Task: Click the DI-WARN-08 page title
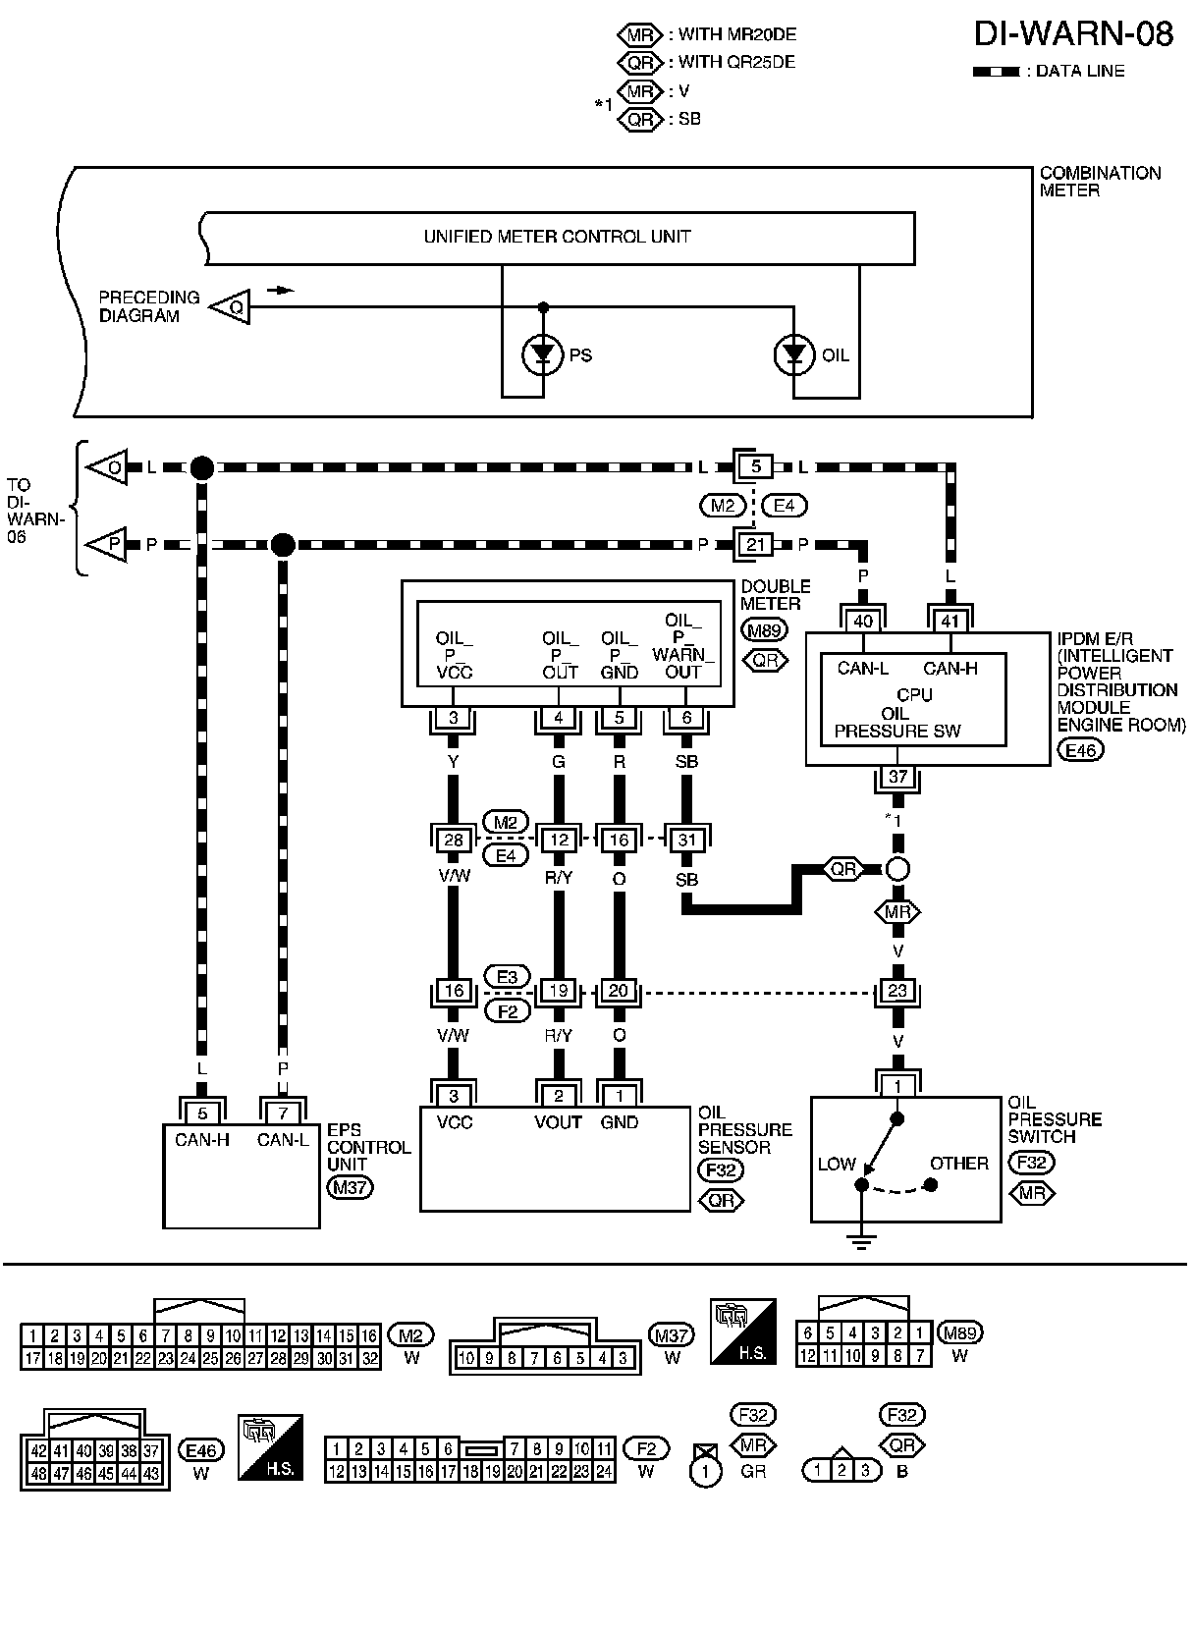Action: [1072, 35]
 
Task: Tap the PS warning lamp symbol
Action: [542, 355]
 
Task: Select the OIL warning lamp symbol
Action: [793, 355]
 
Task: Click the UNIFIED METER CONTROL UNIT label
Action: [557, 237]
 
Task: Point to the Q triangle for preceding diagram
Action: [231, 306]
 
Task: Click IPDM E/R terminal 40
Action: [863, 621]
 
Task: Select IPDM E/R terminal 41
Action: [950, 621]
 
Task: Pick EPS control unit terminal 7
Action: [283, 1114]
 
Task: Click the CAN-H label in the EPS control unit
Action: [201, 1140]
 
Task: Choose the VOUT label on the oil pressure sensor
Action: [558, 1122]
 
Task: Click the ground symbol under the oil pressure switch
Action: [861, 1241]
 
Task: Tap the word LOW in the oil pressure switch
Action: [837, 1164]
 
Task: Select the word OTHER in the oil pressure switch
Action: [958, 1164]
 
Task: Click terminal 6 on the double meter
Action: [686, 718]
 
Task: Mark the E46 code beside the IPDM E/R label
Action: [1080, 750]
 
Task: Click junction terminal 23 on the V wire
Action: [897, 991]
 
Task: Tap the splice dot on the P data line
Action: [283, 544]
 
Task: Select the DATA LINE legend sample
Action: [997, 72]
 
